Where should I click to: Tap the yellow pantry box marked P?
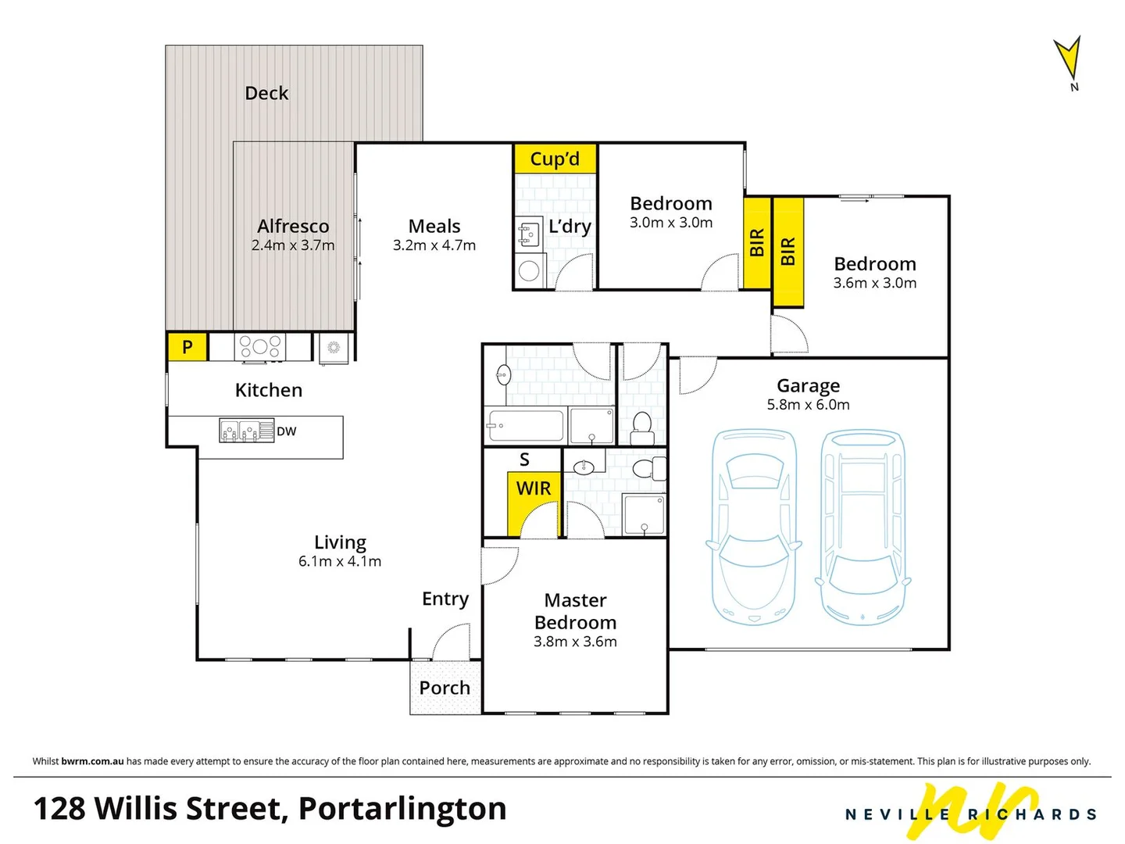(x=187, y=347)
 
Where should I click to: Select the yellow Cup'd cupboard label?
(x=555, y=159)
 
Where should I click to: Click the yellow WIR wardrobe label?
(x=534, y=488)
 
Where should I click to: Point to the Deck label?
(x=266, y=93)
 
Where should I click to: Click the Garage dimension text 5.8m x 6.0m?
(x=808, y=405)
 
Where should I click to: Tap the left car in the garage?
(x=754, y=527)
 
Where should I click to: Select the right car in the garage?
(x=862, y=527)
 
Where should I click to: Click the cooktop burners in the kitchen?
(x=260, y=346)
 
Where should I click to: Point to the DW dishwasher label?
(x=287, y=431)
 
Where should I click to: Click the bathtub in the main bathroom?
(x=524, y=426)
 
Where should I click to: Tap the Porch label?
(x=445, y=688)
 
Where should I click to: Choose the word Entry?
(x=445, y=599)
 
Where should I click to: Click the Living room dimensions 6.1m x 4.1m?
(x=340, y=561)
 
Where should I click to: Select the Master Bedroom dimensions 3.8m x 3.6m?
(x=575, y=642)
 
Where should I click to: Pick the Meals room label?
(x=434, y=226)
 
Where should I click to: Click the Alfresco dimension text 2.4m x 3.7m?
(x=293, y=245)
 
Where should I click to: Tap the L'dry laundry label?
(x=570, y=227)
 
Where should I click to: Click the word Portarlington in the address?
(x=402, y=809)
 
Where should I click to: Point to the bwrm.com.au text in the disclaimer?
(x=92, y=761)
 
